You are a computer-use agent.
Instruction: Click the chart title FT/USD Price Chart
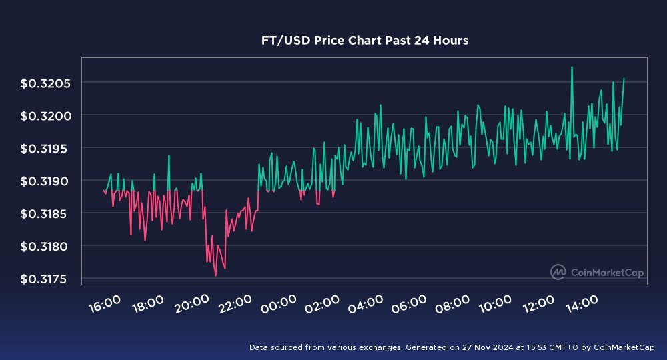click(x=364, y=41)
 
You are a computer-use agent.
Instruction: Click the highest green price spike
click(x=572, y=67)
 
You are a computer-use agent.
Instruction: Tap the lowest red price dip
click(x=215, y=275)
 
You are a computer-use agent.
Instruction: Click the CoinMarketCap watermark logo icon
click(x=558, y=271)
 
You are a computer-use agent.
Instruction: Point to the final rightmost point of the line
click(x=624, y=79)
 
